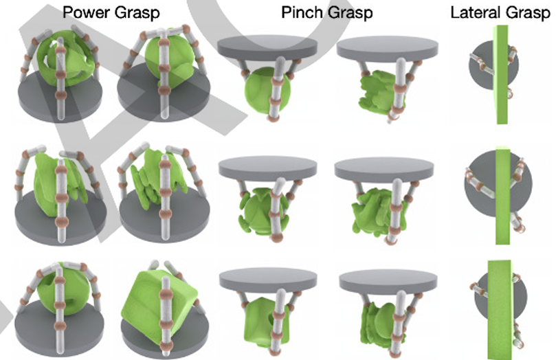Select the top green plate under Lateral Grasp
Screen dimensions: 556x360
[x=501, y=76]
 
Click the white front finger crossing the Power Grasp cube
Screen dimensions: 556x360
[x=164, y=302]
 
